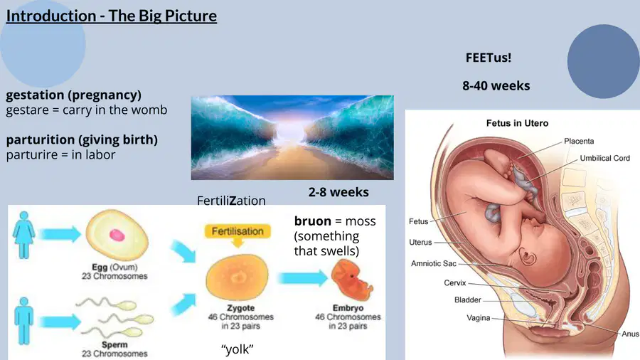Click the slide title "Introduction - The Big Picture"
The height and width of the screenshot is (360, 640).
coord(112,16)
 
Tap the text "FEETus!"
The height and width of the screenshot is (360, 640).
coord(488,58)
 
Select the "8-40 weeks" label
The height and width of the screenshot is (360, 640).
coord(496,85)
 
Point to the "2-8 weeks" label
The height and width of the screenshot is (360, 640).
coord(338,192)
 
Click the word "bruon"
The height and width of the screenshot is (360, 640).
coord(313,221)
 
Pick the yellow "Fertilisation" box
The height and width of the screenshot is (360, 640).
coord(238,231)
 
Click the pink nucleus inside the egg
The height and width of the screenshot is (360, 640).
coord(117,235)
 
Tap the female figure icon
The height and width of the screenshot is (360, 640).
coord(23,235)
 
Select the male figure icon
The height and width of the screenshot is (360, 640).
coord(23,321)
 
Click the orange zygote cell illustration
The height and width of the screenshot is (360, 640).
coord(237,277)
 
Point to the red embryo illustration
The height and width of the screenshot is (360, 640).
coord(351,280)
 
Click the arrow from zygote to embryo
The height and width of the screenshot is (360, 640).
coord(302,278)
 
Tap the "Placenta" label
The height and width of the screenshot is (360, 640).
coord(579,141)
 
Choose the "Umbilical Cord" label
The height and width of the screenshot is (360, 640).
coord(604,158)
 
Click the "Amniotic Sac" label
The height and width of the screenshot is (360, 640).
coord(434,263)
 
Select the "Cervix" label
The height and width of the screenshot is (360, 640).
coord(454,282)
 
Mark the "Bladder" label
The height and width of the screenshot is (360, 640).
coord(468,300)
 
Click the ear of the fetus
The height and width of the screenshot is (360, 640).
coord(528,257)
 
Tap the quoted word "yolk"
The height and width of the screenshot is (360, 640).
coord(237,349)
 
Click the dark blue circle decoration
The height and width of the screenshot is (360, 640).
coord(603,61)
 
